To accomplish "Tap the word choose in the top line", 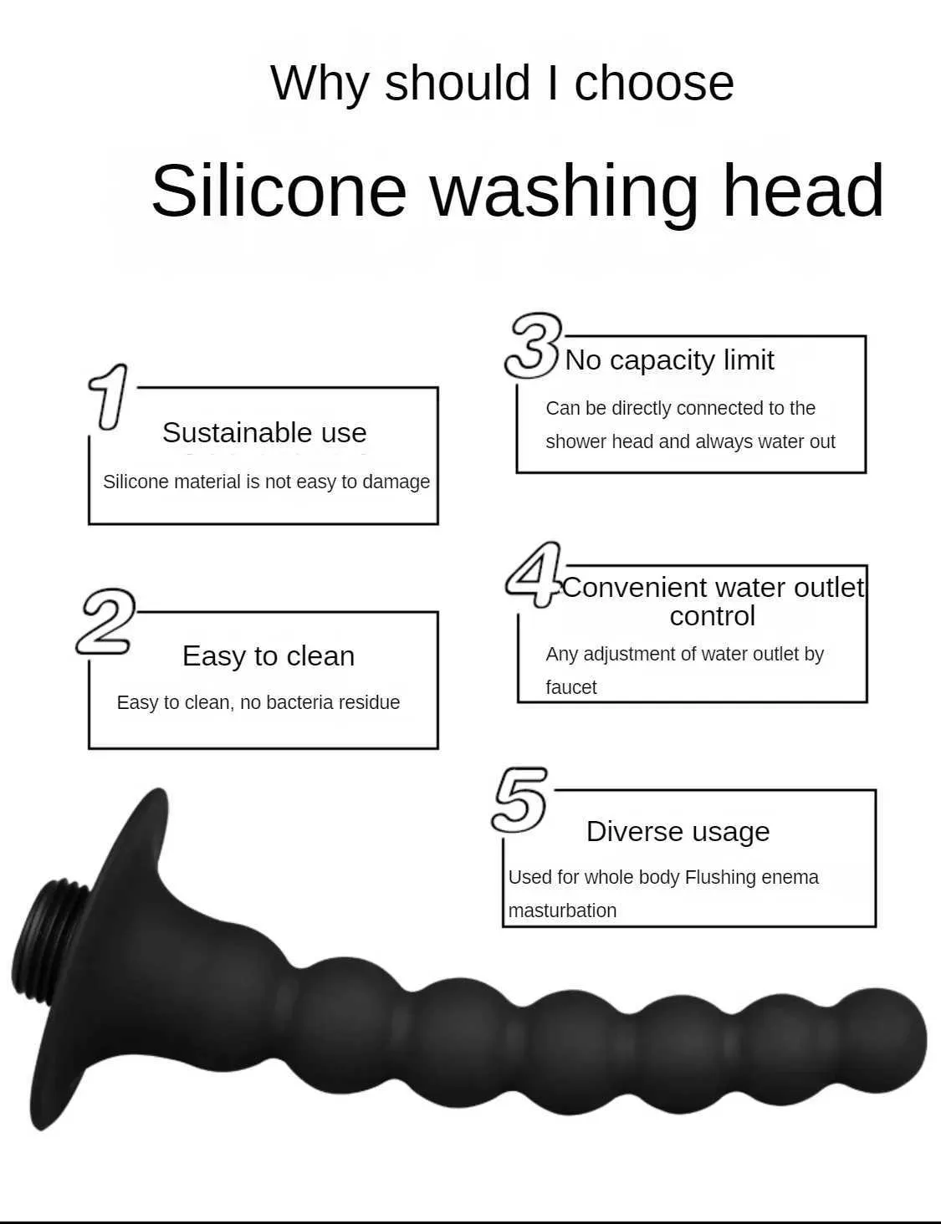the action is click(654, 84).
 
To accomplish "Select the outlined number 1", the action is click(108, 396).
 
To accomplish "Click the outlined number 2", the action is click(106, 622).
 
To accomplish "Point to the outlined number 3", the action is click(533, 345).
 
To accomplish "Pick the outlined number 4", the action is click(534, 574).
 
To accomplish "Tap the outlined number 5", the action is click(519, 799).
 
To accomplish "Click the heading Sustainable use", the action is click(264, 432).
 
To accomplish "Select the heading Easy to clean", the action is click(268, 656).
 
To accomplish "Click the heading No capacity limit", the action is click(669, 360).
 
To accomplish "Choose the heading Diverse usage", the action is click(678, 831).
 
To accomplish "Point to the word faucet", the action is click(570, 687).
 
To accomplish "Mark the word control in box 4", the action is click(712, 615).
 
